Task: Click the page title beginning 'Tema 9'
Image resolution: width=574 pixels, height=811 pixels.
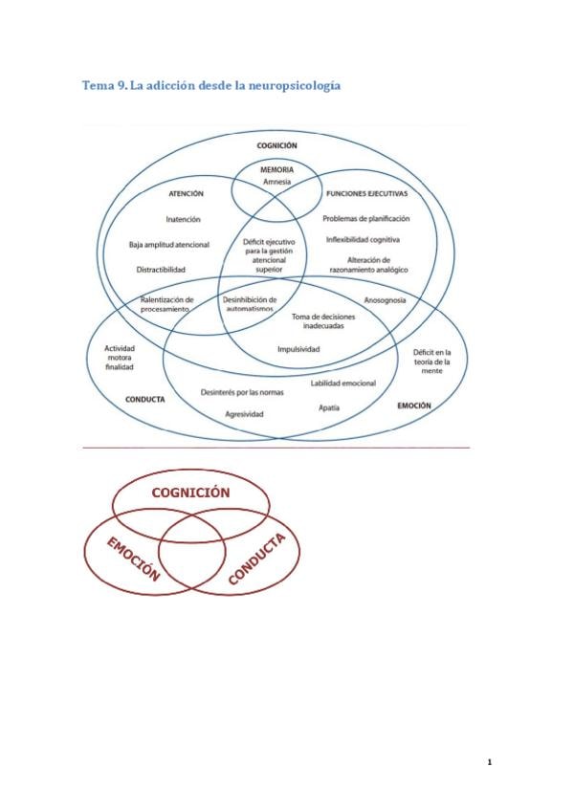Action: [212, 86]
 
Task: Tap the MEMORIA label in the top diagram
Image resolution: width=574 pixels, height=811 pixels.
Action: [276, 169]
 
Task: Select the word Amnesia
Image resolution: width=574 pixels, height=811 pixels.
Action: [276, 181]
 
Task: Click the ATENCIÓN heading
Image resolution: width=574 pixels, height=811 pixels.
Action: [186, 192]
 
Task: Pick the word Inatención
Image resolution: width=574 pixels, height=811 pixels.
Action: [183, 219]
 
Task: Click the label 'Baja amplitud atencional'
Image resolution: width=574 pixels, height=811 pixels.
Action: [169, 244]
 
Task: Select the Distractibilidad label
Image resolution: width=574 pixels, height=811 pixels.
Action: [162, 269]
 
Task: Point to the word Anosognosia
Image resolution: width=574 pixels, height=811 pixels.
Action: [385, 300]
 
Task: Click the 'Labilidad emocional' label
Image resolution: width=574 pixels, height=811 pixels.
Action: [342, 383]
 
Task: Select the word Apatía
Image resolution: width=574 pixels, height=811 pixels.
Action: [329, 407]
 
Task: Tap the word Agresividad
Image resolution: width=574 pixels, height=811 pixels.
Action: [244, 414]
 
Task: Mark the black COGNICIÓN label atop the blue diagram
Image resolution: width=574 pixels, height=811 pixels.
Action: [276, 145]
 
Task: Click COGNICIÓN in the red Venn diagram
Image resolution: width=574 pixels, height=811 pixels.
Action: [191, 492]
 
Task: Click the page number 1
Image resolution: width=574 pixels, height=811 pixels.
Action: [489, 762]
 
